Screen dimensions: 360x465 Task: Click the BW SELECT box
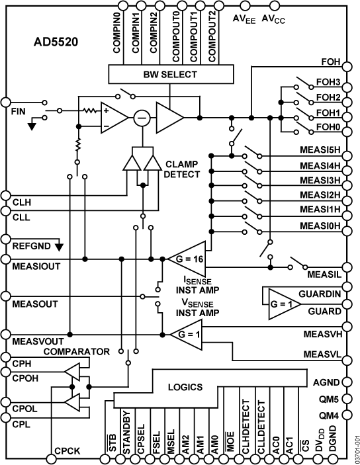click(x=171, y=74)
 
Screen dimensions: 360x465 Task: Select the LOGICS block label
click(x=185, y=387)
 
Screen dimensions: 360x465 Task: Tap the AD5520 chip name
click(x=56, y=42)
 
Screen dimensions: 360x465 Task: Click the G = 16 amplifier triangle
click(x=187, y=259)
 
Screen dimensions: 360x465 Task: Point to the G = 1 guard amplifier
click(x=284, y=304)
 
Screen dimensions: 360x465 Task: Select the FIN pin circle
click(x=6, y=102)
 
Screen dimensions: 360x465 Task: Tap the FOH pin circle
click(x=347, y=66)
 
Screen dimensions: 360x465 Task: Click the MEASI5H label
click(x=320, y=149)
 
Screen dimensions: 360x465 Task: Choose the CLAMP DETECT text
click(x=181, y=169)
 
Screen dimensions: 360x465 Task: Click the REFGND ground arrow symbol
click(x=60, y=247)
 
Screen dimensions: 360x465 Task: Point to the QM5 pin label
click(x=328, y=400)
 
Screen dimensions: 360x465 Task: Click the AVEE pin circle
click(x=245, y=5)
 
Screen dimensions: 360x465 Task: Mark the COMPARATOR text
click(x=77, y=352)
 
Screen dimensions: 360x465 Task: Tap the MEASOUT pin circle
click(x=6, y=296)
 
